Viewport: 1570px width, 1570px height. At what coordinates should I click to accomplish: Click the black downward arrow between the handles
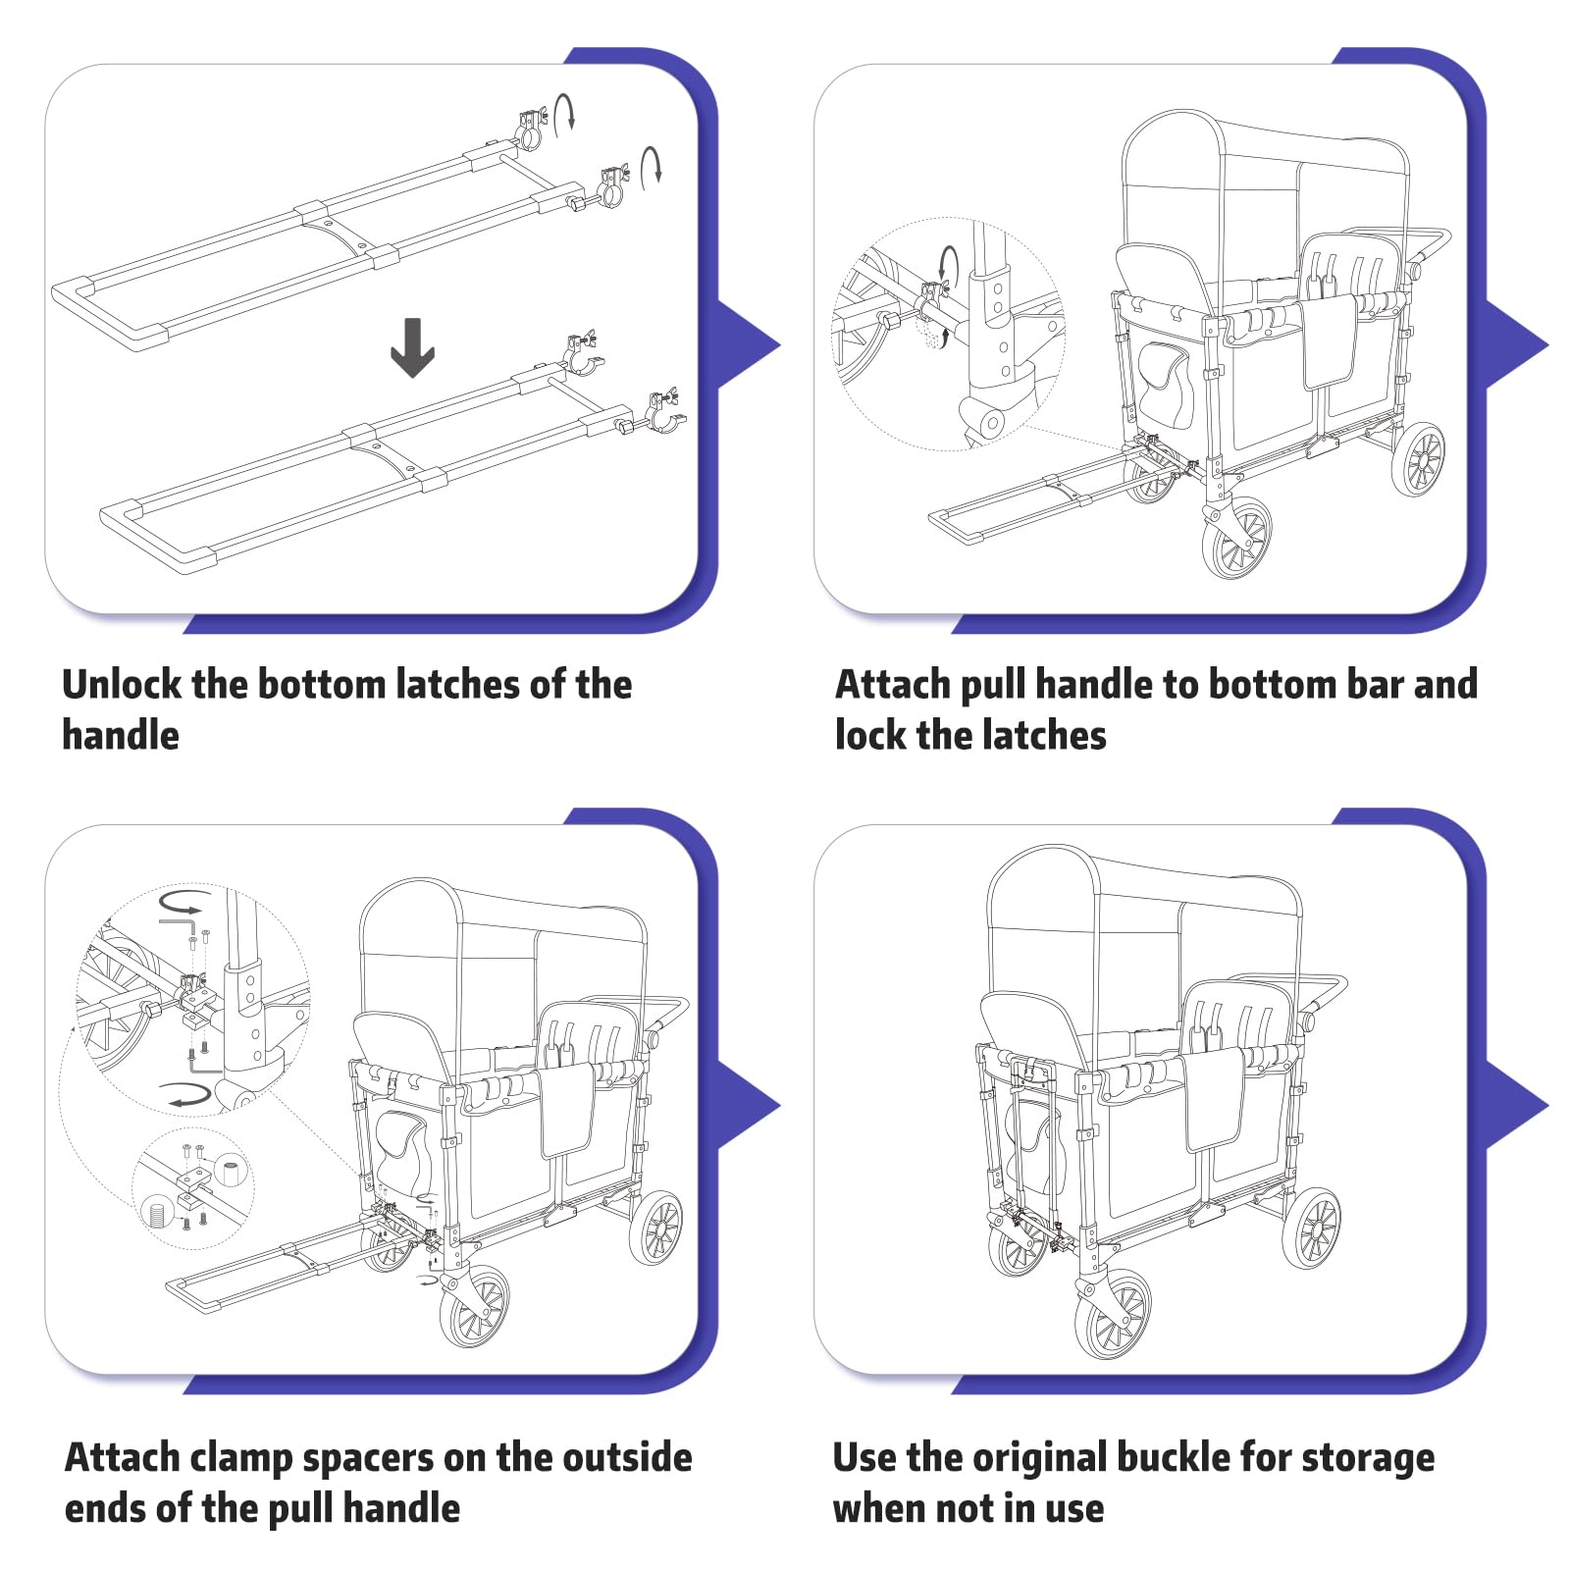tap(412, 347)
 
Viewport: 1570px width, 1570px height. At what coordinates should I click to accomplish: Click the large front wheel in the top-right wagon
tap(1236, 538)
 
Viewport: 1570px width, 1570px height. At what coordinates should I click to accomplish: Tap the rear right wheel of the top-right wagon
tap(1419, 459)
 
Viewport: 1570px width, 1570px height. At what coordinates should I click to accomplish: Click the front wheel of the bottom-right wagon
tap(1113, 1315)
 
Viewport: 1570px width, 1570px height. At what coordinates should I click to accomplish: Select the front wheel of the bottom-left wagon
tap(475, 1307)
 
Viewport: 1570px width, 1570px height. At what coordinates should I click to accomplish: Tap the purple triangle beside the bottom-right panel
tap(1516, 1106)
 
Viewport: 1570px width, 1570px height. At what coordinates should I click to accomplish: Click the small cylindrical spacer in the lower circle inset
tap(232, 1172)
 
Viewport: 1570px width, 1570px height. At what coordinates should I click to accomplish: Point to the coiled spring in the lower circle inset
tap(157, 1213)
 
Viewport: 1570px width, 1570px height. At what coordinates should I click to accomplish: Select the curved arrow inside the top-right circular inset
tap(948, 264)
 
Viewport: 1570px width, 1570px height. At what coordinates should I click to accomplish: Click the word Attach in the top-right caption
tap(892, 685)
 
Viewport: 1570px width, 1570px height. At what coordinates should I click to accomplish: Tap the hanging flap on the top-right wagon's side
tap(1330, 343)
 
